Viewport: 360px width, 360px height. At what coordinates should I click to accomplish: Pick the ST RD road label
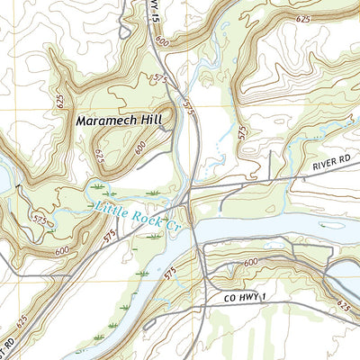12,339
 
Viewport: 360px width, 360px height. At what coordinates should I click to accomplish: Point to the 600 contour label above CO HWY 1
249,260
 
